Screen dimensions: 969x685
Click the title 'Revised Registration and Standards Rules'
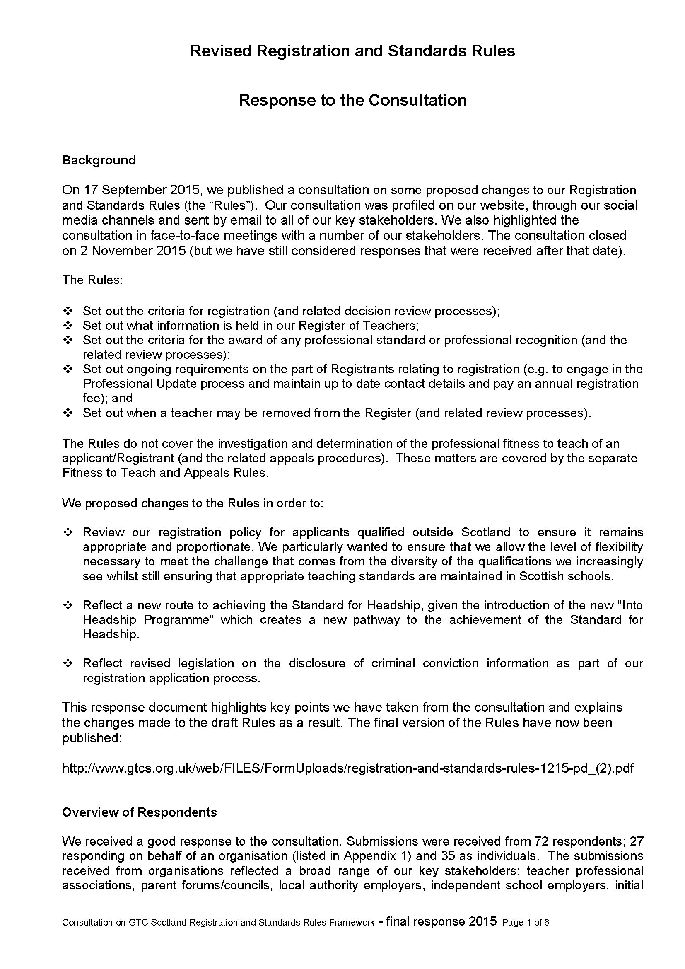pos(352,51)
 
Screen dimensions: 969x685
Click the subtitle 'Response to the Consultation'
pos(352,100)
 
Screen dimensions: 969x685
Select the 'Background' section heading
pos(99,160)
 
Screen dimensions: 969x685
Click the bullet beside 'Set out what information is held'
pos(68,325)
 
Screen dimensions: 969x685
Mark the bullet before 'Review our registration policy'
pos(68,532)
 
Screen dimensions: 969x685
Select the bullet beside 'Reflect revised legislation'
pos(68,663)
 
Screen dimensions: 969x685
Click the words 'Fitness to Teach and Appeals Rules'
pos(164,473)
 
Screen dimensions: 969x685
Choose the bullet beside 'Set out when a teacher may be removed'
pos(68,413)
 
